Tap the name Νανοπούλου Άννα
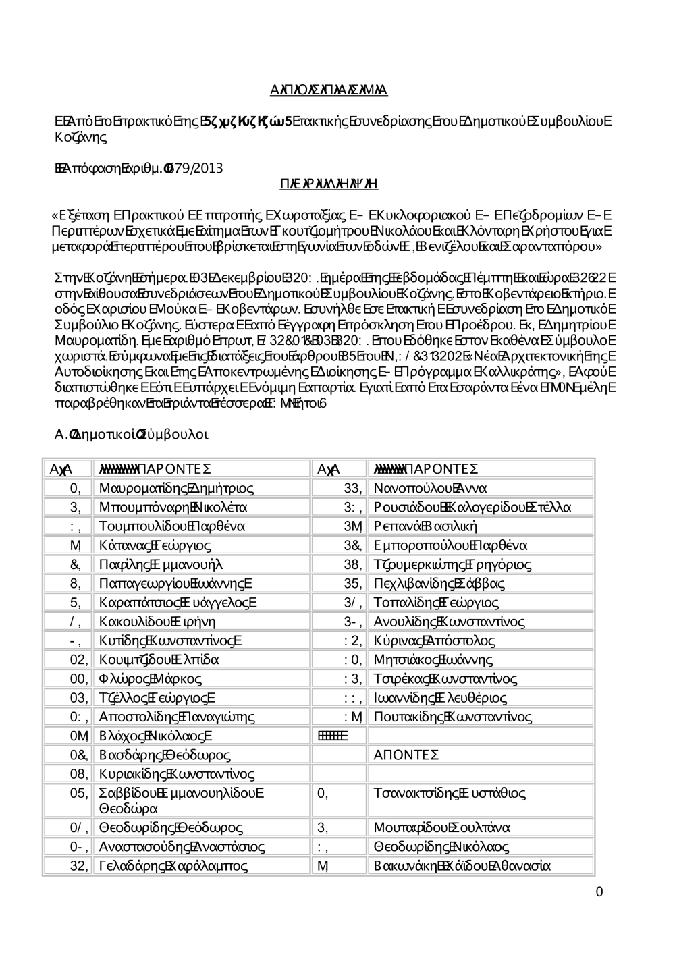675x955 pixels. coord(430,488)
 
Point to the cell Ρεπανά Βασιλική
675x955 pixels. coord(425,526)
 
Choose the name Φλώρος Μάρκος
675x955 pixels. coord(150,678)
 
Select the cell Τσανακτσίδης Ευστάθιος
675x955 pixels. coord(450,793)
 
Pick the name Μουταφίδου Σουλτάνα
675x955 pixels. coord(441,827)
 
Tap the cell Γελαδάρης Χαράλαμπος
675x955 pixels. coord(173,865)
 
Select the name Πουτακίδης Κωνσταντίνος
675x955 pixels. coord(452,717)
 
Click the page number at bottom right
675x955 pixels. coord(599,892)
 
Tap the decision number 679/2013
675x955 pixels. coord(197,168)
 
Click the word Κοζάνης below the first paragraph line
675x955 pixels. coord(80,138)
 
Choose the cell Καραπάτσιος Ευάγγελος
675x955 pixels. coord(178,602)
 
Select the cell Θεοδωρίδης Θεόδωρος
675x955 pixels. coord(171,827)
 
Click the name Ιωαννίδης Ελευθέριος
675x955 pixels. coord(439,697)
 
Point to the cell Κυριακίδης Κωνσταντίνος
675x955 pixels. coord(176,773)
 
